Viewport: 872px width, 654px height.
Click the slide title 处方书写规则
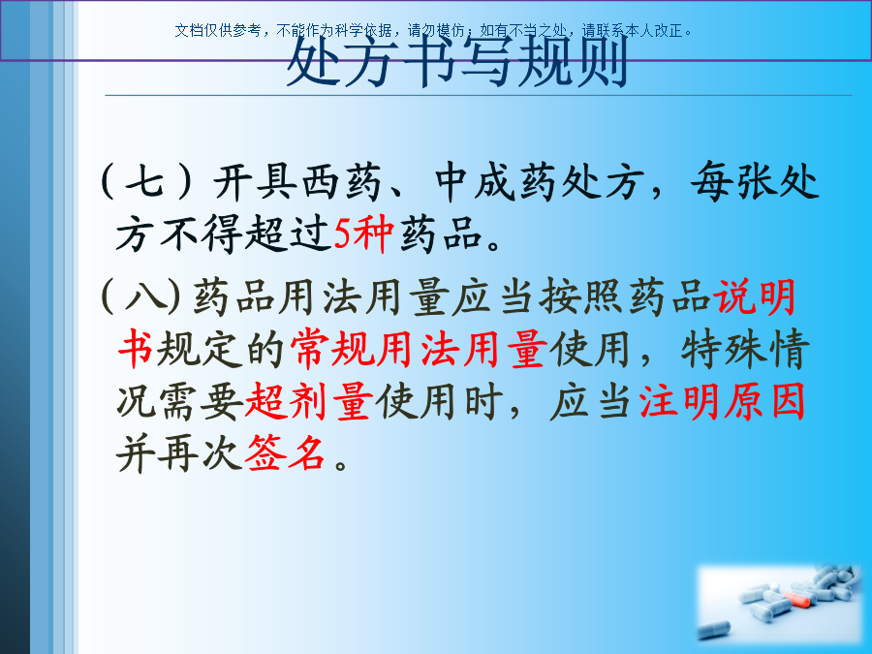point(457,61)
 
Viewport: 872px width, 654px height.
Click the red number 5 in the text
point(341,234)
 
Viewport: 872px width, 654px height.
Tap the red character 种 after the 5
point(373,234)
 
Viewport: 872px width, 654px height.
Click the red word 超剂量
point(309,401)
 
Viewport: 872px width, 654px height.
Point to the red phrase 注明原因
point(722,401)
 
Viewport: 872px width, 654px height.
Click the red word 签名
point(285,452)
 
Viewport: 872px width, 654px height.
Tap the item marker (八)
point(141,296)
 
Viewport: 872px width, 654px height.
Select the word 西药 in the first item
point(342,181)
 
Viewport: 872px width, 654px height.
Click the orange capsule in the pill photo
point(797,600)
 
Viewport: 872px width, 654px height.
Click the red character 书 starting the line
point(136,349)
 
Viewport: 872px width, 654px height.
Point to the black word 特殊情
point(745,349)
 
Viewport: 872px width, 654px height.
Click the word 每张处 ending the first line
point(755,181)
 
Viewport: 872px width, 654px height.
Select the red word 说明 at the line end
point(755,296)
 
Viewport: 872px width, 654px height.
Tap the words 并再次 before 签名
point(180,452)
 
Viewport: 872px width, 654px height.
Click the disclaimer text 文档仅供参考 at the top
point(217,31)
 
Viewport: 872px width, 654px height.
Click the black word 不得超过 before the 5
point(246,234)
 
